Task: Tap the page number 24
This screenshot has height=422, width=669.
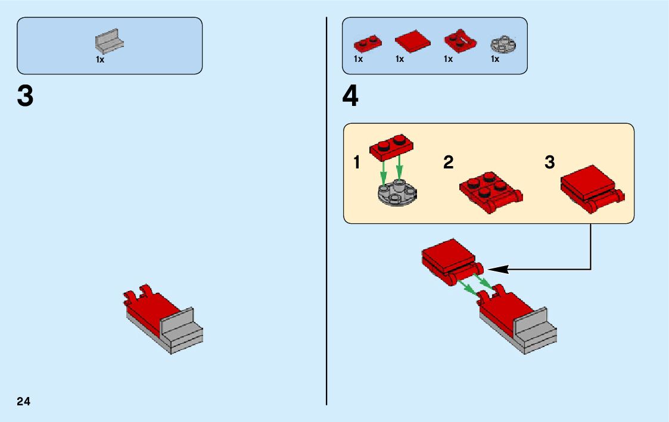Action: pos(24,401)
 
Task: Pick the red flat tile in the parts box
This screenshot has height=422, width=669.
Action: pos(412,42)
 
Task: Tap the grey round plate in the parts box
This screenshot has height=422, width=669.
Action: pos(503,43)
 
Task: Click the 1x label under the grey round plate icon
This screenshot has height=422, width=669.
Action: pos(495,60)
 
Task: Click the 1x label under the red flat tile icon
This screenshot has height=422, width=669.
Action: pos(400,60)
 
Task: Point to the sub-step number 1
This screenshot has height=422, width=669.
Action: pos(357,162)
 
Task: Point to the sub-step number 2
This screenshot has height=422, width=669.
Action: pos(449,162)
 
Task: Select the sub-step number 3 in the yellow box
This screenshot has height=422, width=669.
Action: pos(549,162)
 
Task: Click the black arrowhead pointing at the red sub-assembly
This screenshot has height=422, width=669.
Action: pos(499,269)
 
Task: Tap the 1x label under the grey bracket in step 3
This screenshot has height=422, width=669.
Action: pos(100,60)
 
